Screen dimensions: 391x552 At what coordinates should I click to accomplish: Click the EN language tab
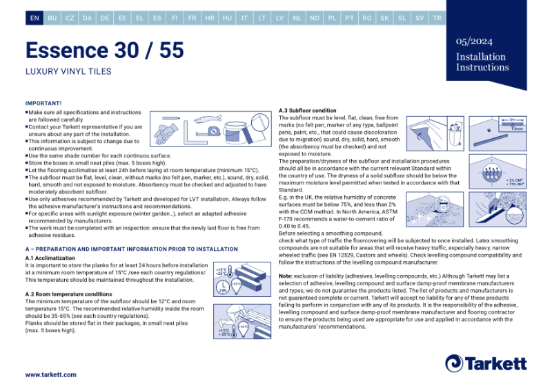[34, 19]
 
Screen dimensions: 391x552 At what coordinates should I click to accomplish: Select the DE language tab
[105, 19]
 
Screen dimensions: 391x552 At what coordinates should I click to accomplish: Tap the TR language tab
[437, 19]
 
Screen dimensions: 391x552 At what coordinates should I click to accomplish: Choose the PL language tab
[332, 19]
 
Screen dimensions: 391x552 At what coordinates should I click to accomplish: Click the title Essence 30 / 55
[105, 50]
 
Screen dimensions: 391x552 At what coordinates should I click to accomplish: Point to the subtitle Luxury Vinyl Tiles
[68, 71]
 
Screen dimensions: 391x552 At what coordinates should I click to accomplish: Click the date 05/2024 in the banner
[474, 41]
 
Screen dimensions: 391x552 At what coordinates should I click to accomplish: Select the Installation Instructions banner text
[482, 62]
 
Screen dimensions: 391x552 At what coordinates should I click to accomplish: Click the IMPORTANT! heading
[43, 103]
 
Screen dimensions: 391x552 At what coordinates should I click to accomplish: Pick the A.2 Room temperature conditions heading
[68, 294]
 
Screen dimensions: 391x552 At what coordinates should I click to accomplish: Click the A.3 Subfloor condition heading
[308, 111]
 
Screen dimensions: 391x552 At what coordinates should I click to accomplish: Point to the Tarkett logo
[486, 363]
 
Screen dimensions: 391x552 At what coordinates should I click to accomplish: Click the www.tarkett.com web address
[51, 374]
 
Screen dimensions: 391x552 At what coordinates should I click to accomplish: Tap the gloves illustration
[166, 131]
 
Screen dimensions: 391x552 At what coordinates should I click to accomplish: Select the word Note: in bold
[286, 276]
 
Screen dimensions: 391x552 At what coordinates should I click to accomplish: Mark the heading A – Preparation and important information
[131, 249]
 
